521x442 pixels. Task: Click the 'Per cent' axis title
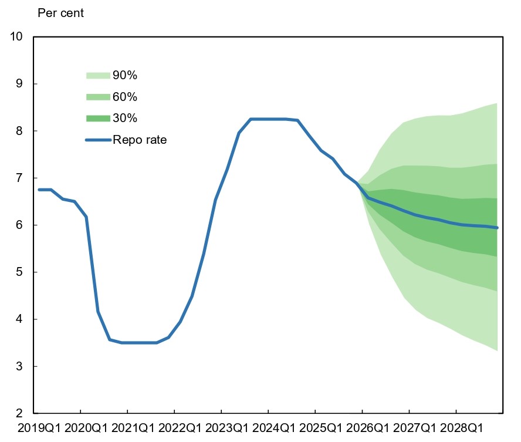(x=61, y=13)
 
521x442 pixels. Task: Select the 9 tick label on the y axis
(x=19, y=84)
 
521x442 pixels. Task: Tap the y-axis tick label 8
(x=19, y=131)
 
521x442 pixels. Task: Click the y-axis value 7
(x=19, y=178)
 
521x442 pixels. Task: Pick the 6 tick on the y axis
(x=19, y=225)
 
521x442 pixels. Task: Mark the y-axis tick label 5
(x=19, y=272)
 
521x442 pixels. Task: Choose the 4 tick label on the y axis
(x=19, y=319)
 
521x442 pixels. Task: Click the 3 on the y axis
(x=19, y=366)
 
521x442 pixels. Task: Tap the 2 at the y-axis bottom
(x=19, y=413)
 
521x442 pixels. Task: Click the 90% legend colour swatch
(x=98, y=75)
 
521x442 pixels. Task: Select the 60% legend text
(x=125, y=97)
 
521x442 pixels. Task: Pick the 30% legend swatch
(x=98, y=119)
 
